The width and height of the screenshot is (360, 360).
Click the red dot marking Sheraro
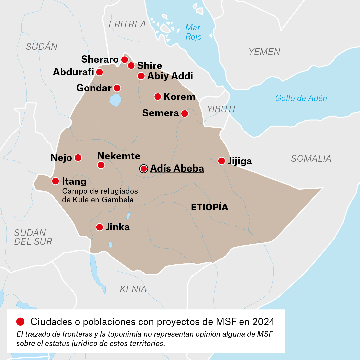pos(124,60)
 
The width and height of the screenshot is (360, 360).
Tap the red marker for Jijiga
pos(221,161)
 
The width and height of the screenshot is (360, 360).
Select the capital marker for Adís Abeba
pos(144,169)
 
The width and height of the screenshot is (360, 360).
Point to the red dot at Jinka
pos(99,227)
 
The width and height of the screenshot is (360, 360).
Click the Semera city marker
pos(184,113)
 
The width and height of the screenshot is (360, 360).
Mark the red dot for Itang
pos(56,181)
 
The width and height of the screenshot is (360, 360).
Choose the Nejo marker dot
pos(78,157)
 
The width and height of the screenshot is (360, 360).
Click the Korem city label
pos(179,97)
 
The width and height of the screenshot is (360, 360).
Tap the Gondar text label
pos(94,88)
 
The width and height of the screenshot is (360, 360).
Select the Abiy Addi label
pos(170,76)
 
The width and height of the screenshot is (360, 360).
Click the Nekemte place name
pos(119,156)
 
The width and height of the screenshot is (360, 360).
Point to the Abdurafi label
pos(73,72)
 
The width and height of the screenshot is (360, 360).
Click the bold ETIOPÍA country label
pos(209,207)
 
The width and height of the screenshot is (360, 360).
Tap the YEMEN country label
pos(264,52)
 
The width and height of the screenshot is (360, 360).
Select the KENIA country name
pos(133,289)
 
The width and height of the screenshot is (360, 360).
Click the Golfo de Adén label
pos(301,98)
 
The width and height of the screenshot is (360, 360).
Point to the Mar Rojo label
pos(193,32)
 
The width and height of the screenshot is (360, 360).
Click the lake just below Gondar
pos(115,100)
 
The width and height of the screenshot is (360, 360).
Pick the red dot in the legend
pos(20,321)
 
